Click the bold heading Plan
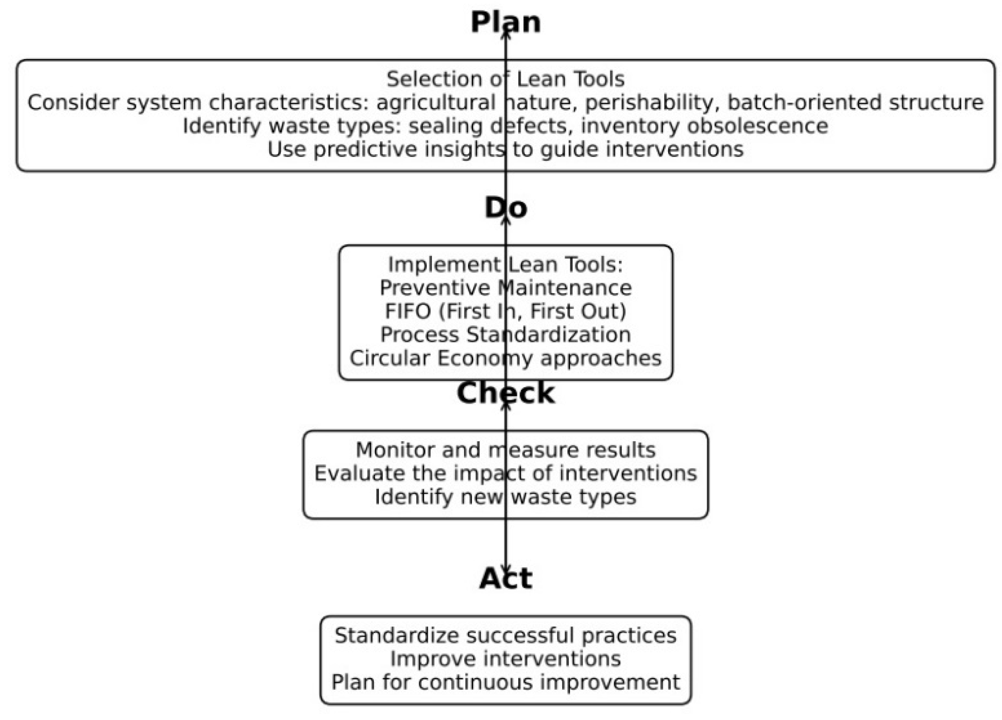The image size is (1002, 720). point(505,22)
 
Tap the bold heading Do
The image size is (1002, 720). point(505,208)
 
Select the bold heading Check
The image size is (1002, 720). point(505,393)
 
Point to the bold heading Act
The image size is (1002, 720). point(505,578)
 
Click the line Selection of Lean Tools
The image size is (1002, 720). point(505,79)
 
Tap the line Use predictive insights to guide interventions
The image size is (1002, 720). point(505,149)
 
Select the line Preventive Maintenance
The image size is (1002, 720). point(505,288)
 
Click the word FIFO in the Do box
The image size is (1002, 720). point(408,311)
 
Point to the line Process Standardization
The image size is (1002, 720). point(505,335)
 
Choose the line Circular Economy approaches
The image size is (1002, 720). point(505,358)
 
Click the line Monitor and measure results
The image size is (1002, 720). point(505,450)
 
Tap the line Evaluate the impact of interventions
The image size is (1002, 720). point(505,473)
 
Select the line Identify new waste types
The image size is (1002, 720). point(505,497)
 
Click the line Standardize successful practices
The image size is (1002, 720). point(505,636)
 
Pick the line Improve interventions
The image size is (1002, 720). point(505,659)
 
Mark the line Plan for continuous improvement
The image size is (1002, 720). point(505,682)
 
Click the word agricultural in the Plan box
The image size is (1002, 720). point(436,103)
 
